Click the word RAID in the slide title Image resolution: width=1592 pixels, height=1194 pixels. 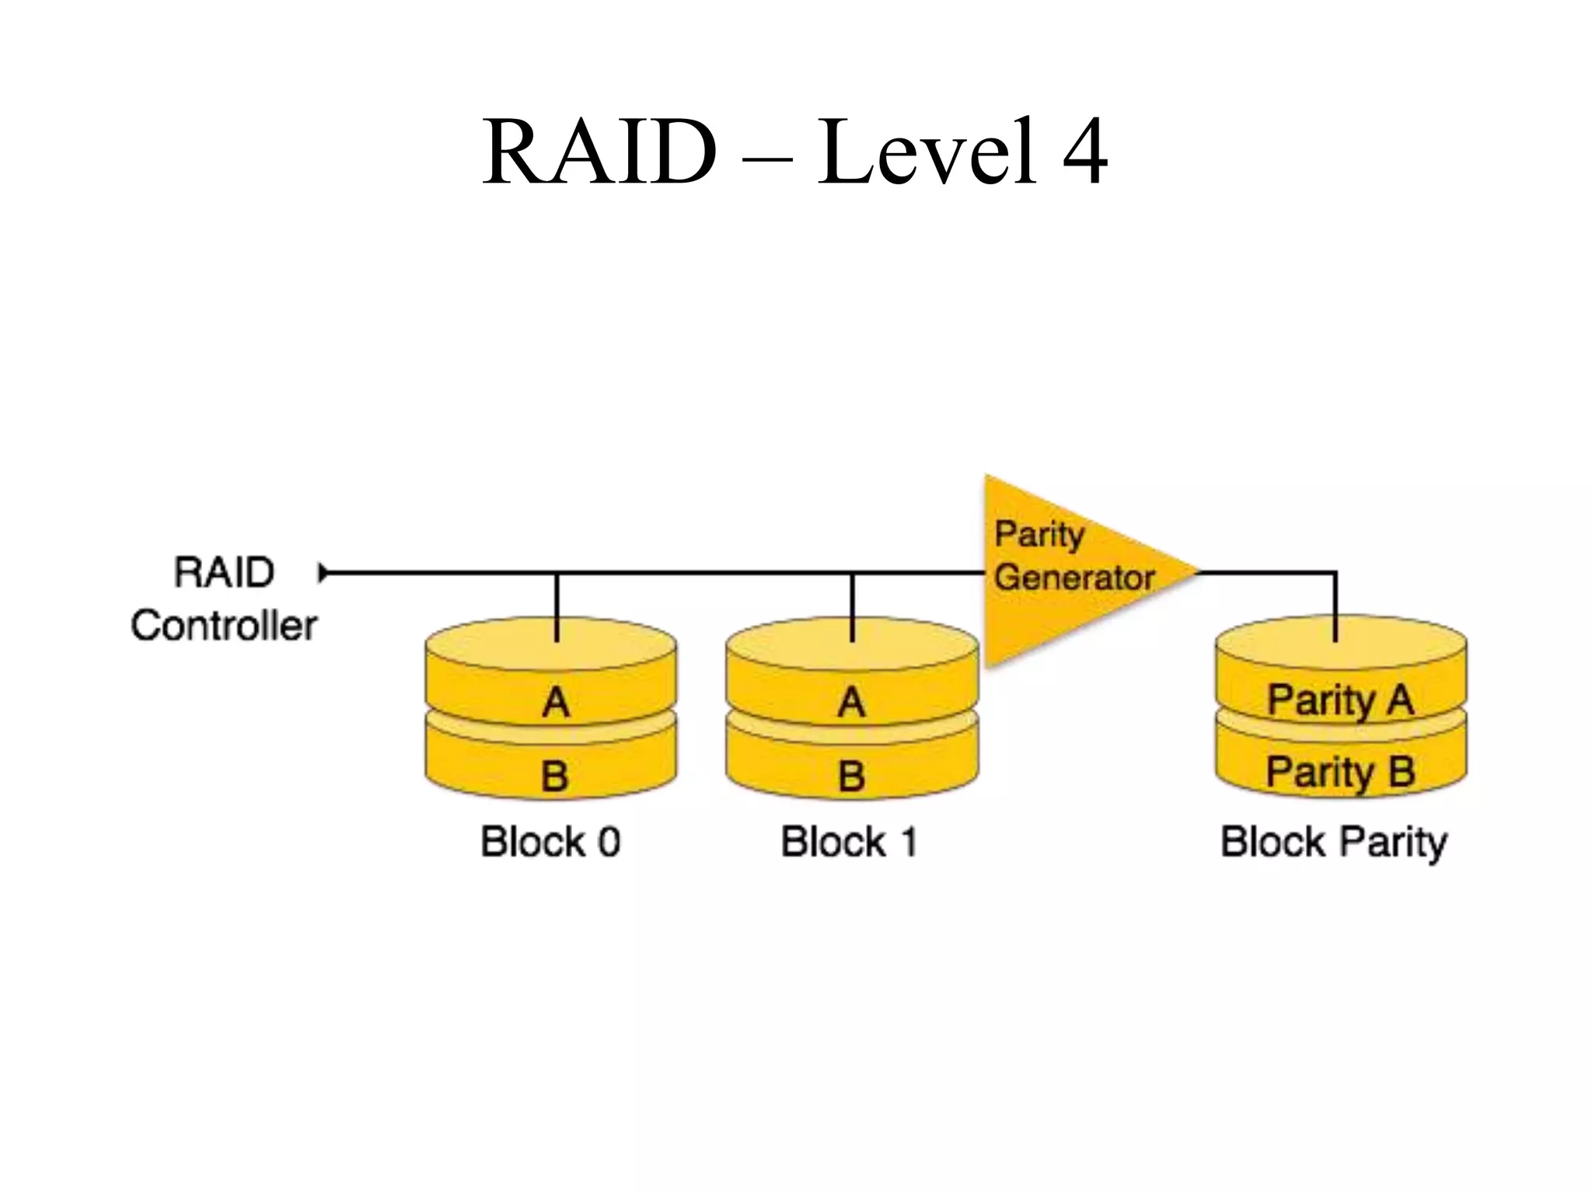coord(599,152)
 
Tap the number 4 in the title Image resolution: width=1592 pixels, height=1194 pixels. coord(1084,152)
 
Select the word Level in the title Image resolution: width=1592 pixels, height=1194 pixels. coord(927,152)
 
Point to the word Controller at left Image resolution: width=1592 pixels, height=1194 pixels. coord(224,625)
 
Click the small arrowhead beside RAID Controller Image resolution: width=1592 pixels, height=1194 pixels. coord(323,573)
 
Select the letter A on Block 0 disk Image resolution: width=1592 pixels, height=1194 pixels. coord(555,702)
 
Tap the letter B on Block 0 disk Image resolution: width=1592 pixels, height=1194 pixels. coord(554,775)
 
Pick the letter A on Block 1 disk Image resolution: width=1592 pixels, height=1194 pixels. coord(851,702)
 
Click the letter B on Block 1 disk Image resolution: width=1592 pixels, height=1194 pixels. coord(851,775)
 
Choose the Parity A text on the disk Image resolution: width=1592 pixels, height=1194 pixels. coord(1340,699)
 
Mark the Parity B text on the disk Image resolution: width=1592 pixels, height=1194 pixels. coord(1340,771)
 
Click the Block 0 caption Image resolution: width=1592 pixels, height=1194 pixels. coord(550,841)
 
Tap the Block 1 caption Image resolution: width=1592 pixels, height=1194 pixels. coord(849,841)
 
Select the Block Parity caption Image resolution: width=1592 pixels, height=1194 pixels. coord(1334,843)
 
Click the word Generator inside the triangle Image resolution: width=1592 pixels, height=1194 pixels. coord(1074,578)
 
